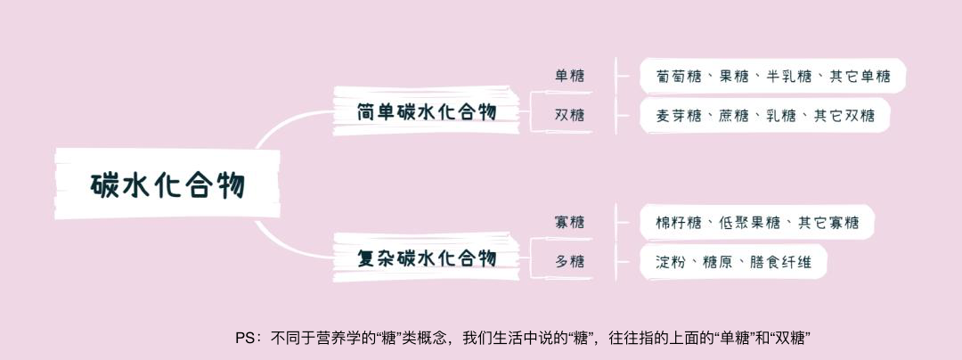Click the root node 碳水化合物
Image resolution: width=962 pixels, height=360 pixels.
pyautogui.click(x=167, y=185)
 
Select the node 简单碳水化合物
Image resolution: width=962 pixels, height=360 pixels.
pyautogui.click(x=426, y=112)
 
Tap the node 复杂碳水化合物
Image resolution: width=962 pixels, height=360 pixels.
pyautogui.click(x=426, y=258)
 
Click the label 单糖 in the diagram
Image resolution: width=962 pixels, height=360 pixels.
pyautogui.click(x=570, y=76)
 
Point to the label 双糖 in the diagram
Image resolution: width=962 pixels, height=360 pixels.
pyautogui.click(x=570, y=115)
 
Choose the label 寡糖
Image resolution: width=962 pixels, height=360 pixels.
pyautogui.click(x=570, y=222)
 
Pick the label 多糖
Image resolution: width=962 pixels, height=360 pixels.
pyautogui.click(x=570, y=261)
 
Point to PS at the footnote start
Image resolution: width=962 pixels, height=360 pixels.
pyautogui.click(x=246, y=339)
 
